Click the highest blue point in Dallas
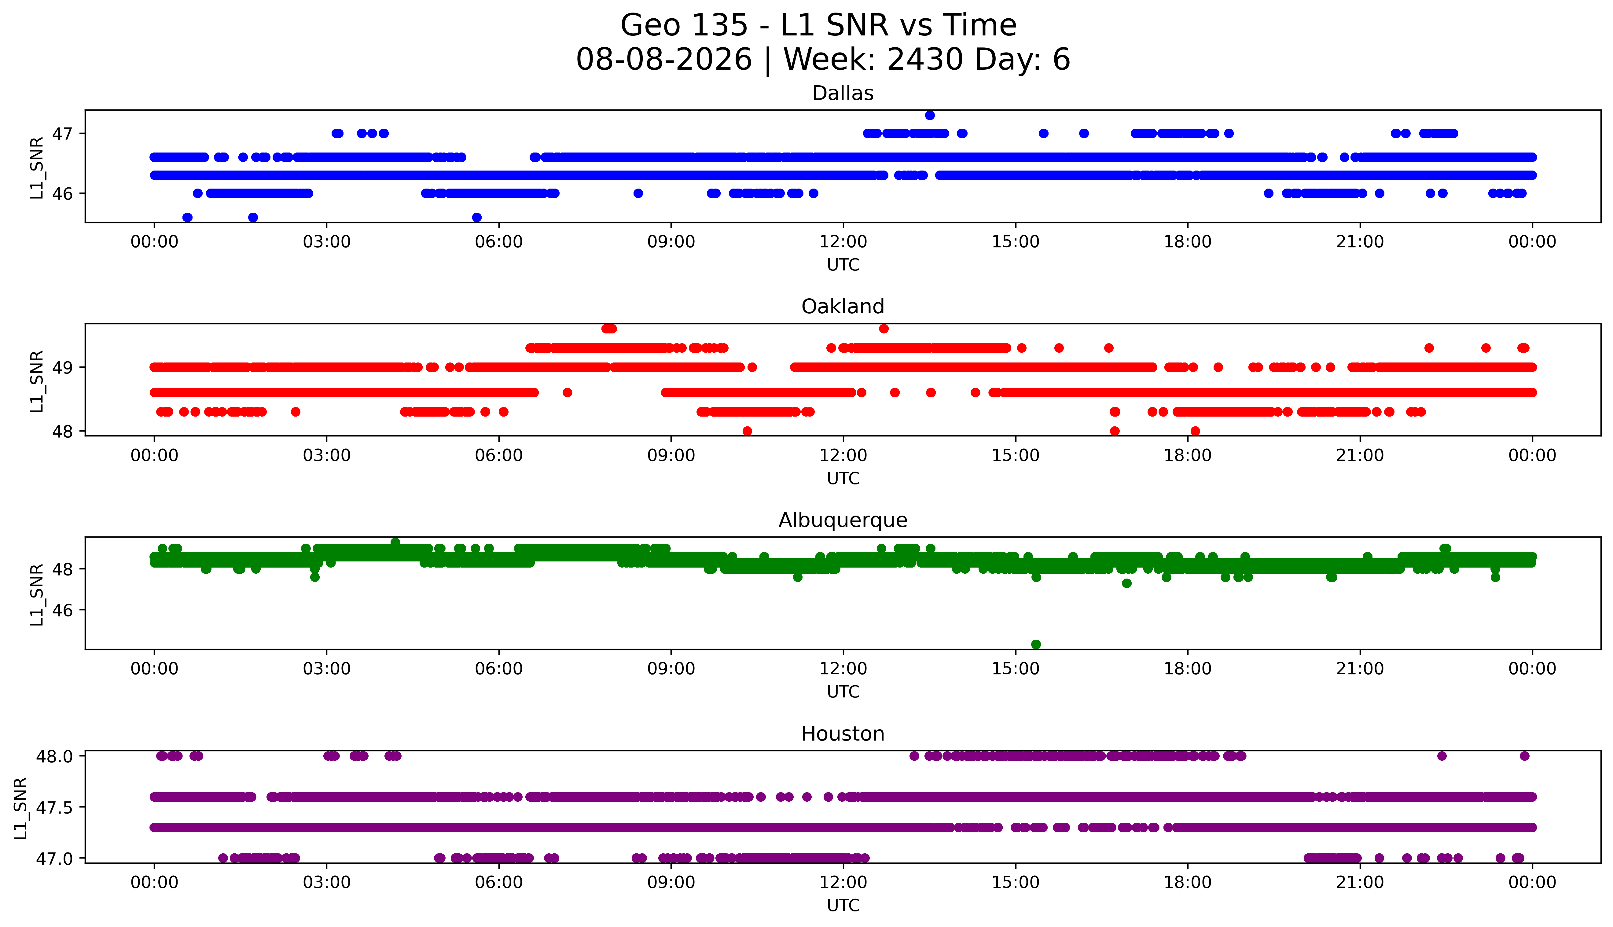[x=929, y=115]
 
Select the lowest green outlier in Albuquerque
[x=1036, y=644]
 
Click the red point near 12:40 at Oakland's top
[x=884, y=329]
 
